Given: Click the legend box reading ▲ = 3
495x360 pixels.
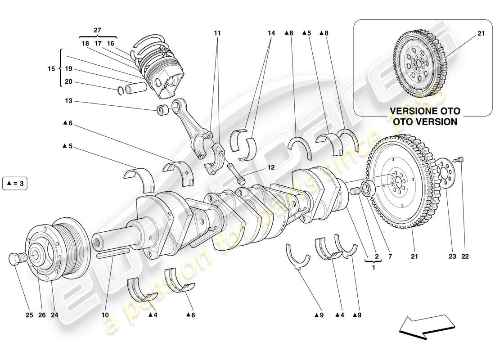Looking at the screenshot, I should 15,184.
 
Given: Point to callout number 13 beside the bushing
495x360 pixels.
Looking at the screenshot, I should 68,102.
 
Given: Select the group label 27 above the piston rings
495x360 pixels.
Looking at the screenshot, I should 98,30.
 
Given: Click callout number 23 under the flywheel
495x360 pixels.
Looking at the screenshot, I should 452,256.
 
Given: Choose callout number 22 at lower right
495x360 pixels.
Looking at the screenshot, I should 465,256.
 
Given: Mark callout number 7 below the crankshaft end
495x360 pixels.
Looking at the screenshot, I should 390,256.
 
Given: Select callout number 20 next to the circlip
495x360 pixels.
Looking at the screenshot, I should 68,82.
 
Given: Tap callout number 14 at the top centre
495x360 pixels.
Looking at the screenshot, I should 271,33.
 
